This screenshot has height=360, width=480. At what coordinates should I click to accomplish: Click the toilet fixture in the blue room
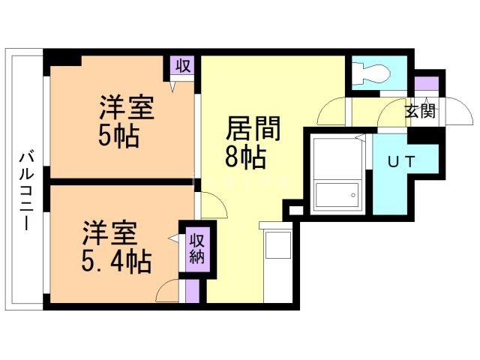pos(372,72)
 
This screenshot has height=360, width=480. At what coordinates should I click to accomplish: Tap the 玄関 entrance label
pos(420,112)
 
